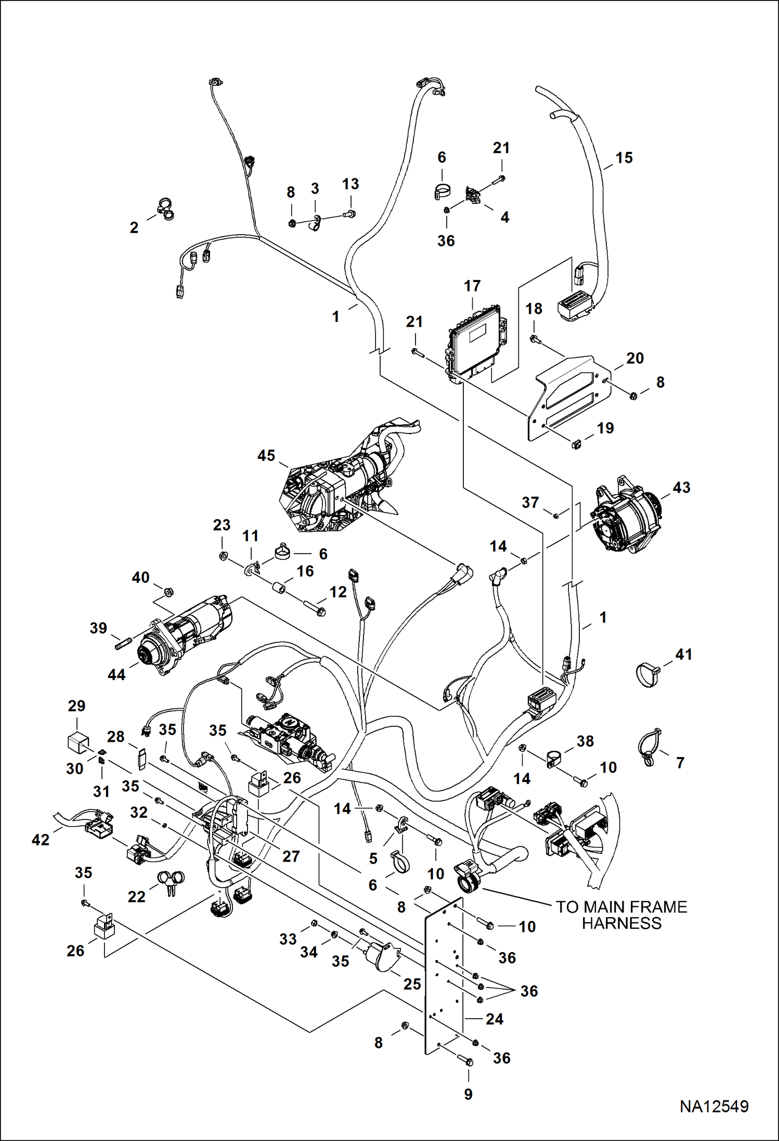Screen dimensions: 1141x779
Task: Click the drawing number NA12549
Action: [x=713, y=1106]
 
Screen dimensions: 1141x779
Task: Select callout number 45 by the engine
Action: [x=266, y=456]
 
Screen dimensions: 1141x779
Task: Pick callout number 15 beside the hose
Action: [x=624, y=158]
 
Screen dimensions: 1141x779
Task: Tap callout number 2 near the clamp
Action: [x=134, y=227]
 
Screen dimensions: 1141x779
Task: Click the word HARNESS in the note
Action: [x=621, y=923]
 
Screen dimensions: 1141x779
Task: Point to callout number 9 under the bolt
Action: [x=468, y=1094]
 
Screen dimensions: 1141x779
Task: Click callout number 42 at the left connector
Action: [x=41, y=839]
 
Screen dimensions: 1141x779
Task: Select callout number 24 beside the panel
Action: [x=494, y=1019]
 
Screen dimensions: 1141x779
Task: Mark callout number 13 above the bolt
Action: [x=350, y=184]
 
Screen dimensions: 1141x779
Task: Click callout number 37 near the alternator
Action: [x=530, y=502]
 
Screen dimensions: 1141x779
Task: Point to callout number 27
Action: [x=291, y=856]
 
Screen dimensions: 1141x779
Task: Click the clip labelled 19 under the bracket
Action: [x=576, y=444]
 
